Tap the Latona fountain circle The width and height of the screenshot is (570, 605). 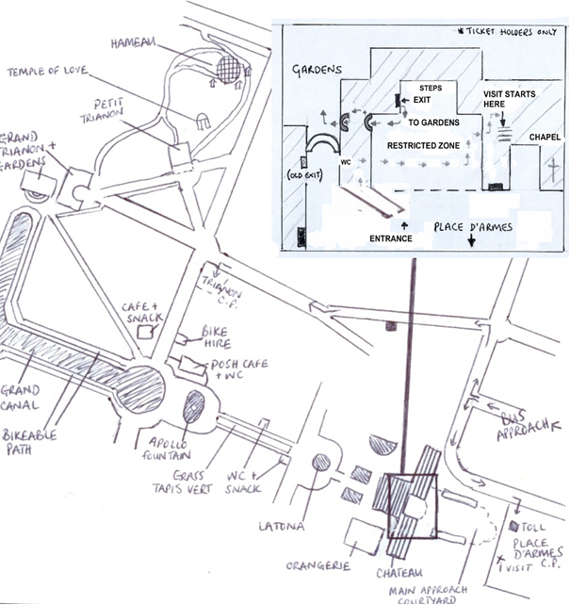[x=321, y=463]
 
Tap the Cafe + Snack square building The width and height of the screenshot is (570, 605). [x=146, y=331]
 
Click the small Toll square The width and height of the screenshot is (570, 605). [x=515, y=527]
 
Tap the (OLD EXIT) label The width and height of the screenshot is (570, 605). [x=306, y=176]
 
